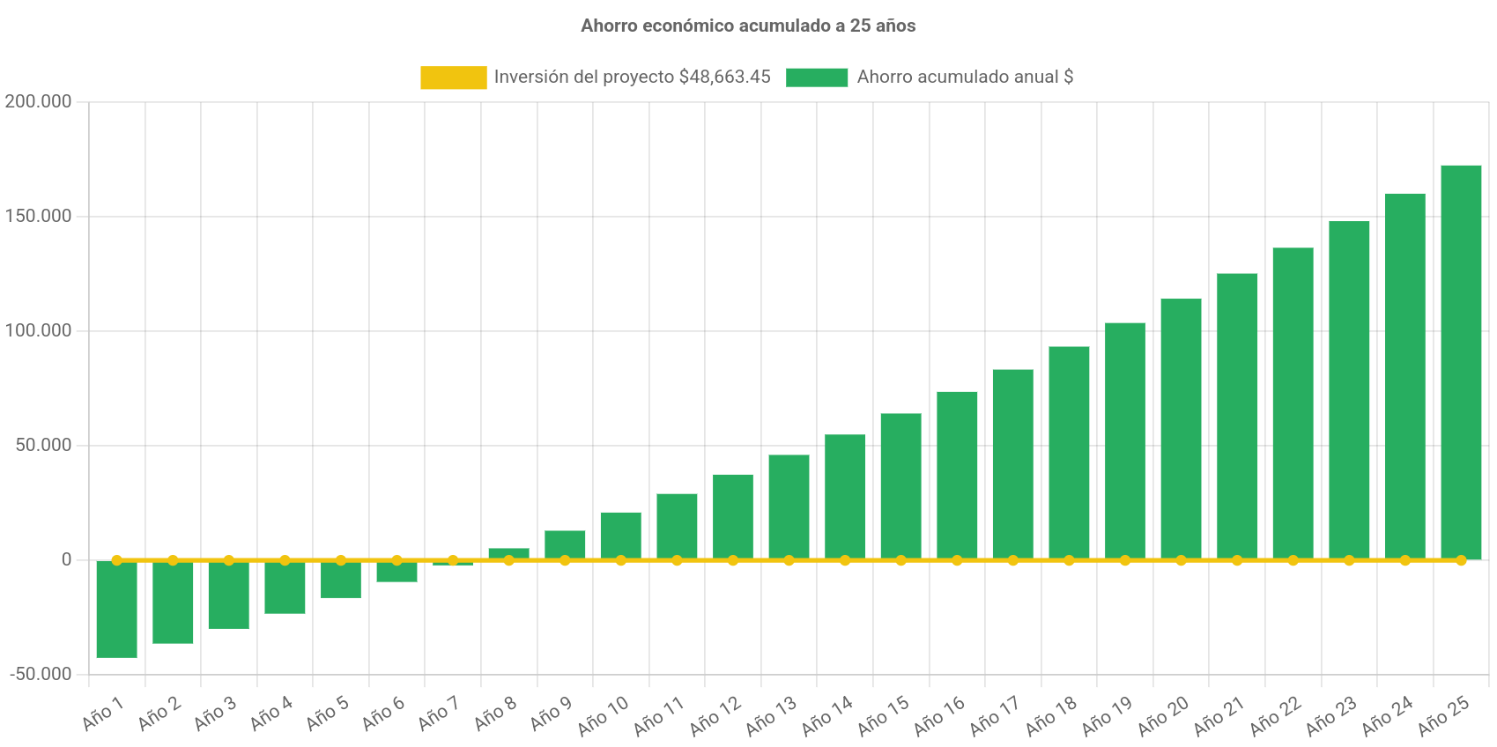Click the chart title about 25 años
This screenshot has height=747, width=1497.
(x=747, y=26)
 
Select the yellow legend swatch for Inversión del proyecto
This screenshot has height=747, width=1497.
(x=453, y=78)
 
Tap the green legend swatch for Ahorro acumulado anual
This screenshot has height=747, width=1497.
(x=817, y=78)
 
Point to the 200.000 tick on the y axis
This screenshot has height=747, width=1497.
(x=38, y=101)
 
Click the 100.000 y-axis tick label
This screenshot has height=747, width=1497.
(x=38, y=330)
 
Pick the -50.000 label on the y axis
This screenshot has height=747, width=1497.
(x=41, y=674)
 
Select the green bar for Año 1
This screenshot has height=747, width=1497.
(x=116, y=610)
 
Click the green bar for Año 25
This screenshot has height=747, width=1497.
(x=1461, y=361)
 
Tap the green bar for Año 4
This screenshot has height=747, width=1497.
(x=285, y=588)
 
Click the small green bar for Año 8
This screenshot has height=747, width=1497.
(x=508, y=552)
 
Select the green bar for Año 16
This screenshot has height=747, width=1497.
(x=957, y=475)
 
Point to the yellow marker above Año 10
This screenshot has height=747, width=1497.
(x=620, y=560)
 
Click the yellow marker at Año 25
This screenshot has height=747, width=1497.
(x=1461, y=560)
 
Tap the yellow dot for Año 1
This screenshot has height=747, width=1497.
(x=116, y=560)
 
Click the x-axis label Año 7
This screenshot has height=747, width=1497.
(x=438, y=714)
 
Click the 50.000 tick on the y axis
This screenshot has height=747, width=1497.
(x=43, y=445)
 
